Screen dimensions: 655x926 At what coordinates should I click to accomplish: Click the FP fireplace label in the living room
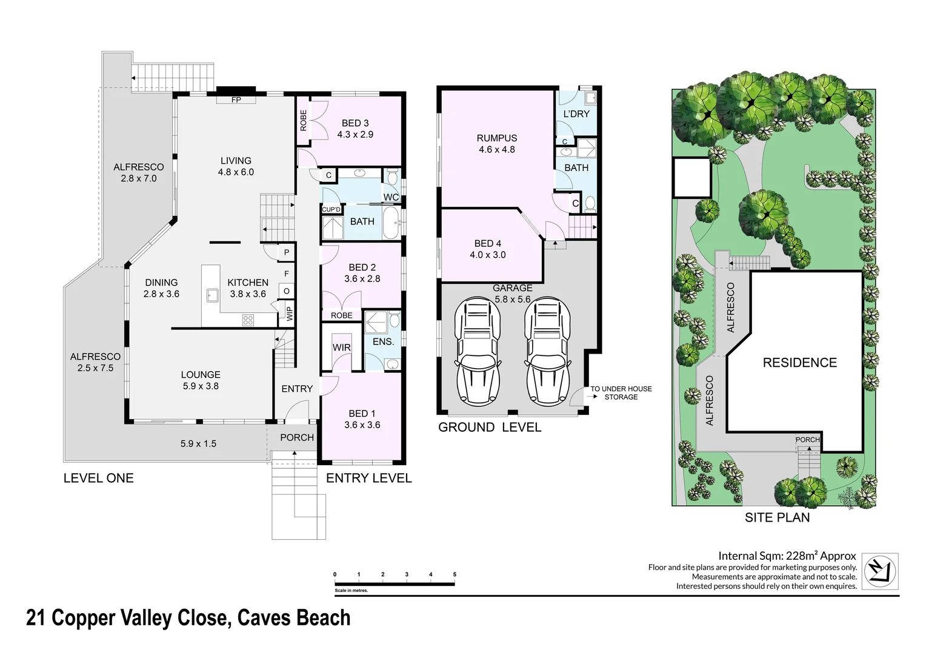tap(236, 100)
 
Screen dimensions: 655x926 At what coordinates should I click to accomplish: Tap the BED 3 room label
tap(355, 123)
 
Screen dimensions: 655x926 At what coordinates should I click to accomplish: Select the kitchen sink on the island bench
tap(212, 295)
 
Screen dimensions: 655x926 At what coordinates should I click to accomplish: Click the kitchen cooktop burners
tap(248, 320)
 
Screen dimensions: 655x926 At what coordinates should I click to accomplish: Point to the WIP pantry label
tap(290, 314)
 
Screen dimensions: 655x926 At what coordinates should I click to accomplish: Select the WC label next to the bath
tap(391, 198)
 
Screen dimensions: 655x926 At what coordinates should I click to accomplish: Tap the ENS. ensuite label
tap(383, 342)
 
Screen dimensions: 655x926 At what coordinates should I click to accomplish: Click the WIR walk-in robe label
tap(341, 348)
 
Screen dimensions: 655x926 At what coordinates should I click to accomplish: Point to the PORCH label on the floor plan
tap(297, 437)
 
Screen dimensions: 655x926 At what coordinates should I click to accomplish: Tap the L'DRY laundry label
tap(576, 114)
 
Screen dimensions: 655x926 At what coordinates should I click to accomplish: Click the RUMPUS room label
tap(497, 138)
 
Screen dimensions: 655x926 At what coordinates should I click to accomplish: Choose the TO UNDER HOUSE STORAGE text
tap(621, 393)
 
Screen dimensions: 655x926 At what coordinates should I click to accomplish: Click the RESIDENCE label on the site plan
tap(799, 363)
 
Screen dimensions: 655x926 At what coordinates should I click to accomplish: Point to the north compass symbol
tap(880, 571)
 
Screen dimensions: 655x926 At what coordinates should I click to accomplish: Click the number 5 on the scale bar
tap(455, 574)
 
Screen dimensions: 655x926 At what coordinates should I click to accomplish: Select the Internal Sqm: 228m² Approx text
tap(787, 556)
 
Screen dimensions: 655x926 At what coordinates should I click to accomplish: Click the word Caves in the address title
tap(264, 618)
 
